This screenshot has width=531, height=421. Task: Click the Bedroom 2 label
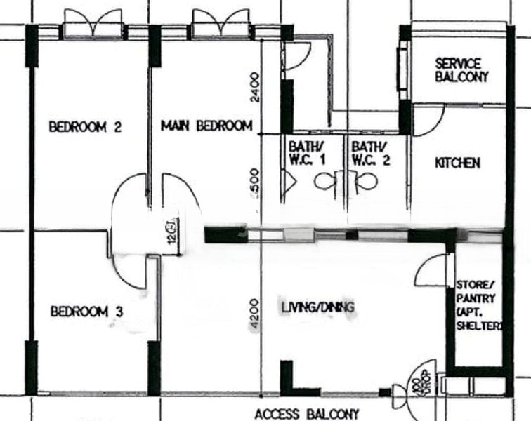pyautogui.click(x=86, y=128)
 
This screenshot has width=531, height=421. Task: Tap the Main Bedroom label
pyautogui.click(x=206, y=126)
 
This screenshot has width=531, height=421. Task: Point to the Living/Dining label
pyautogui.click(x=317, y=307)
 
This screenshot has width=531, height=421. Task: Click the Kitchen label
pyautogui.click(x=458, y=163)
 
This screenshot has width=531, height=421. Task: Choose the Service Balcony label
pyautogui.click(x=461, y=70)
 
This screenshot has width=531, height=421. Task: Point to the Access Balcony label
pyautogui.click(x=306, y=414)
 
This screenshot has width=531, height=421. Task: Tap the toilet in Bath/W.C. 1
pyautogui.click(x=325, y=181)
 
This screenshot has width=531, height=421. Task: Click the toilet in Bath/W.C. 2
pyautogui.click(x=364, y=181)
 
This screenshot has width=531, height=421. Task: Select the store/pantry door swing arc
pyautogui.click(x=431, y=270)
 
